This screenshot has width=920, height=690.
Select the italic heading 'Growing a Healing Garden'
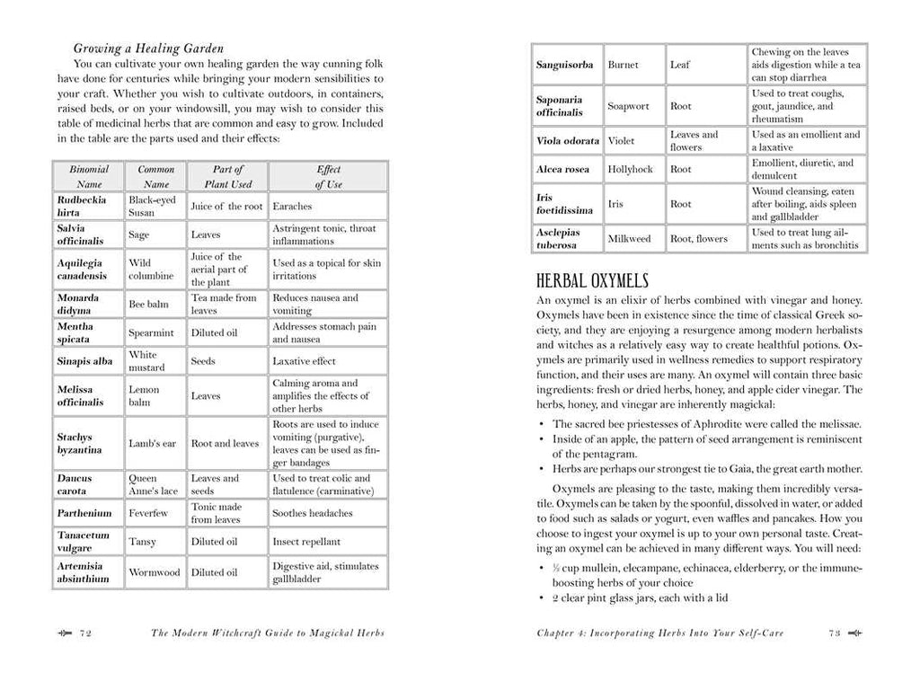(x=148, y=48)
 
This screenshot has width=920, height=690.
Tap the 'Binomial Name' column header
(x=89, y=176)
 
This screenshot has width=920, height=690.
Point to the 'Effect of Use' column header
(x=328, y=176)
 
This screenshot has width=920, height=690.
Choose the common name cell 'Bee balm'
(x=148, y=305)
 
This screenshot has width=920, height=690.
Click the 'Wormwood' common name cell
(x=155, y=572)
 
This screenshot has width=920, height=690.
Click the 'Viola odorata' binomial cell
(x=567, y=141)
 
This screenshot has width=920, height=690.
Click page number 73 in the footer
(x=833, y=632)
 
